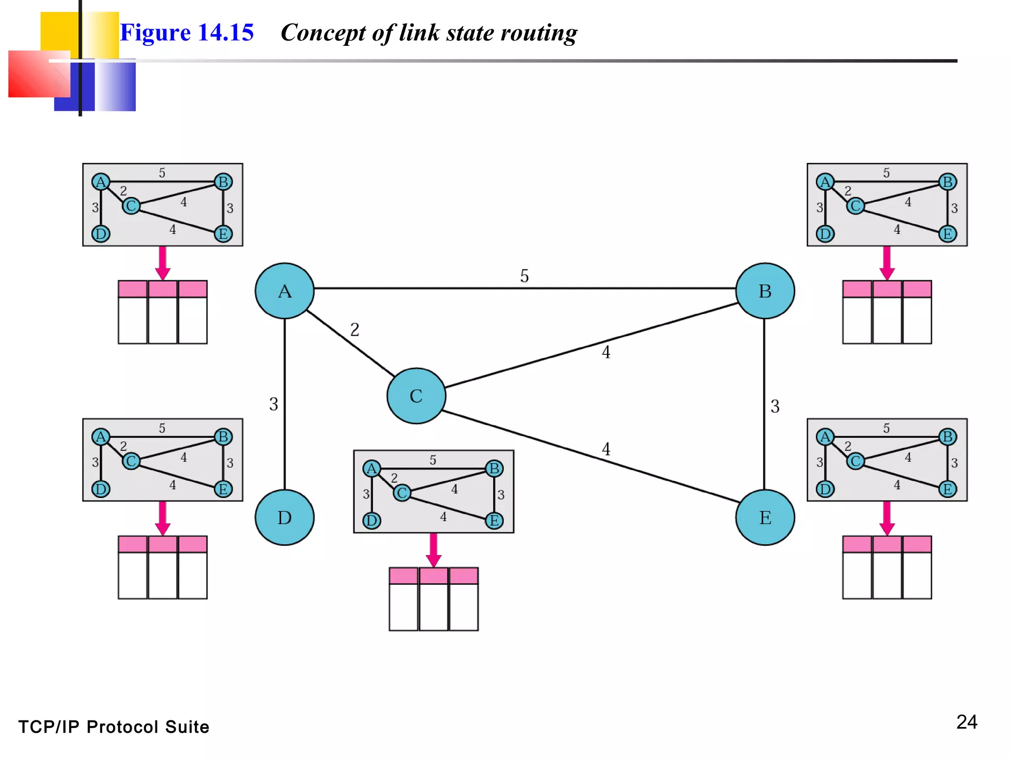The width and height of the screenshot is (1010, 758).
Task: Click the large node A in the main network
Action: (x=285, y=291)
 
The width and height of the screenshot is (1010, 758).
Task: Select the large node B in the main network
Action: (x=765, y=291)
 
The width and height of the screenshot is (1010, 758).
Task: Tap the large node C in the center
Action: (x=416, y=396)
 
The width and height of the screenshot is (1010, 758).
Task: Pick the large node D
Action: (x=285, y=517)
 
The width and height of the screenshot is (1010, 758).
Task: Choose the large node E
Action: (x=765, y=517)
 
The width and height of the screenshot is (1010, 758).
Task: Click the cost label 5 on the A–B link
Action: (x=524, y=276)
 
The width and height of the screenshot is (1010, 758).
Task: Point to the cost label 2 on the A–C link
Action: (x=355, y=330)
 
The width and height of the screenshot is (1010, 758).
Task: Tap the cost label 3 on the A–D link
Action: (x=274, y=404)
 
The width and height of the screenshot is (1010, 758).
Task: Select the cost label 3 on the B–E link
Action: (x=775, y=406)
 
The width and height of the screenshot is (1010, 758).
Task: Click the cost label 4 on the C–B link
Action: (x=606, y=352)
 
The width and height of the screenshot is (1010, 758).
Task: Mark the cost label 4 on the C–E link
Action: (x=606, y=449)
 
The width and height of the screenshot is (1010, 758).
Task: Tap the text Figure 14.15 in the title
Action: (x=187, y=33)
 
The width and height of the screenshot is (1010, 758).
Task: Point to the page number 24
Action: (x=967, y=722)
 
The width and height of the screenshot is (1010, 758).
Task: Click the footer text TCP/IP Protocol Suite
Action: (x=114, y=727)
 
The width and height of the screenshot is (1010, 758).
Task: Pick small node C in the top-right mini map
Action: (x=855, y=206)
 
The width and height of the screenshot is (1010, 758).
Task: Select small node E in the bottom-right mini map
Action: (x=947, y=489)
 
